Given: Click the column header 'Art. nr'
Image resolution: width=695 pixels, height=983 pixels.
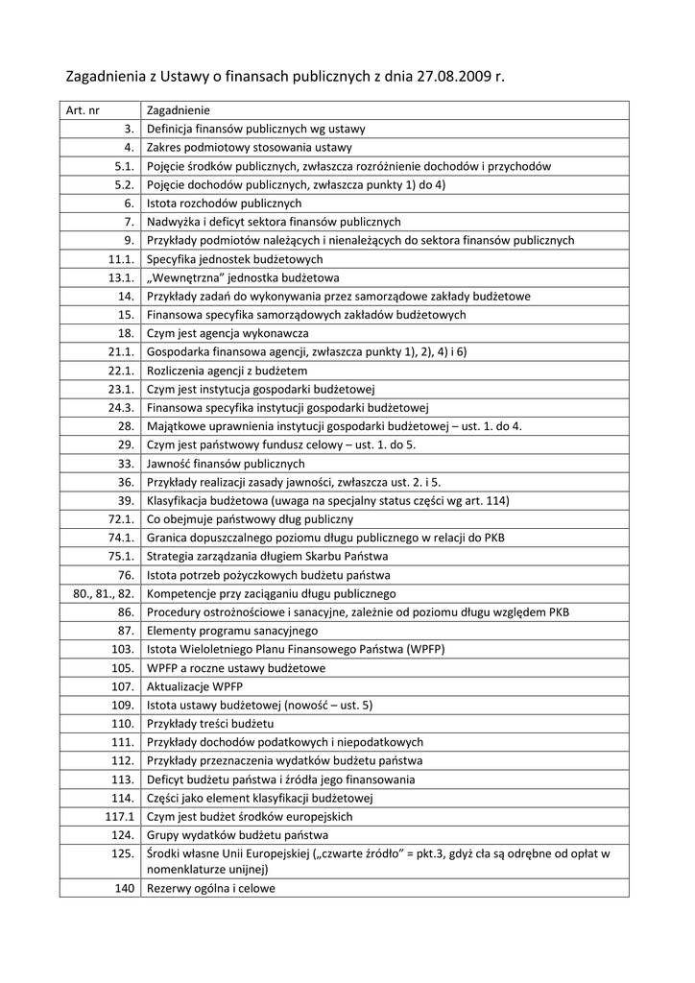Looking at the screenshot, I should (x=83, y=110).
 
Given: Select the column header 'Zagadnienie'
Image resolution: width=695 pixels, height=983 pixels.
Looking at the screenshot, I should (x=179, y=110).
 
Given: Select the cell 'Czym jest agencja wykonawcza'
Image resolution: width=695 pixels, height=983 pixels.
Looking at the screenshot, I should (x=228, y=333).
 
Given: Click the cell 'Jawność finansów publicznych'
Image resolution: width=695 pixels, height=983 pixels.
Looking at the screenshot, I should (x=226, y=464).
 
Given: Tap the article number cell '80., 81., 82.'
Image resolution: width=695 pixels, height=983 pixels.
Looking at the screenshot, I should (x=103, y=594).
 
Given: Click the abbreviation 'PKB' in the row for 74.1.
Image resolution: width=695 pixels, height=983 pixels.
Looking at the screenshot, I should (x=493, y=539).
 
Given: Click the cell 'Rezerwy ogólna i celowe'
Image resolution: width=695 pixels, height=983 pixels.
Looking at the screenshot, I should (x=211, y=889).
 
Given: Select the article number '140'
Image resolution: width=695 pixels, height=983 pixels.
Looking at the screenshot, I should (x=125, y=889).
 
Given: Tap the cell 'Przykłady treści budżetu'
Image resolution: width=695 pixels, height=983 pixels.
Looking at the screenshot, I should (x=210, y=724).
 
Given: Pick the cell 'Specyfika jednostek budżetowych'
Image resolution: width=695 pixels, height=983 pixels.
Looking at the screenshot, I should (x=235, y=259).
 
